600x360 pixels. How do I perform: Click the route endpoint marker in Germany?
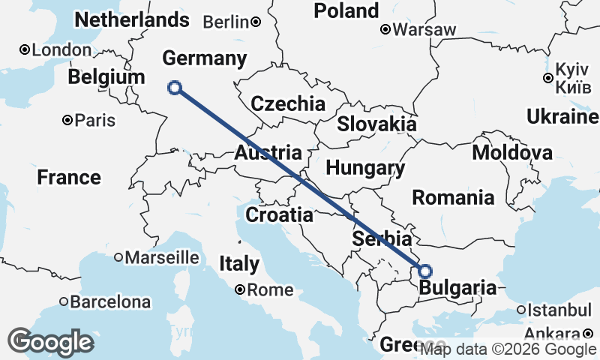tap(175, 88)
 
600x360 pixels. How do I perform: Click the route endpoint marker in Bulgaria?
tap(425, 271)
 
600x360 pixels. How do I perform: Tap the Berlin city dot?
tap(256, 22)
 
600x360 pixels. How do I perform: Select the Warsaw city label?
tap(425, 30)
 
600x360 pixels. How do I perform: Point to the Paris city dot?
tap(67, 120)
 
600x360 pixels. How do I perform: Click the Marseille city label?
tap(163, 257)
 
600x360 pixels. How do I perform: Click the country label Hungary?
tap(365, 168)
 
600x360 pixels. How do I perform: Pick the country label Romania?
tap(453, 198)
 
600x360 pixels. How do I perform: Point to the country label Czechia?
tap(288, 104)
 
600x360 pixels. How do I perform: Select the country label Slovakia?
tap(376, 124)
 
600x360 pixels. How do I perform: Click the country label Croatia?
tap(279, 215)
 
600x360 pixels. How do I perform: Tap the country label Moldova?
tap(512, 153)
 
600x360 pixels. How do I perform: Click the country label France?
tap(69, 178)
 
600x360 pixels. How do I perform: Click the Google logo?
tap(51, 342)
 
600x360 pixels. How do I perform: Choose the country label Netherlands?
tap(132, 19)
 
